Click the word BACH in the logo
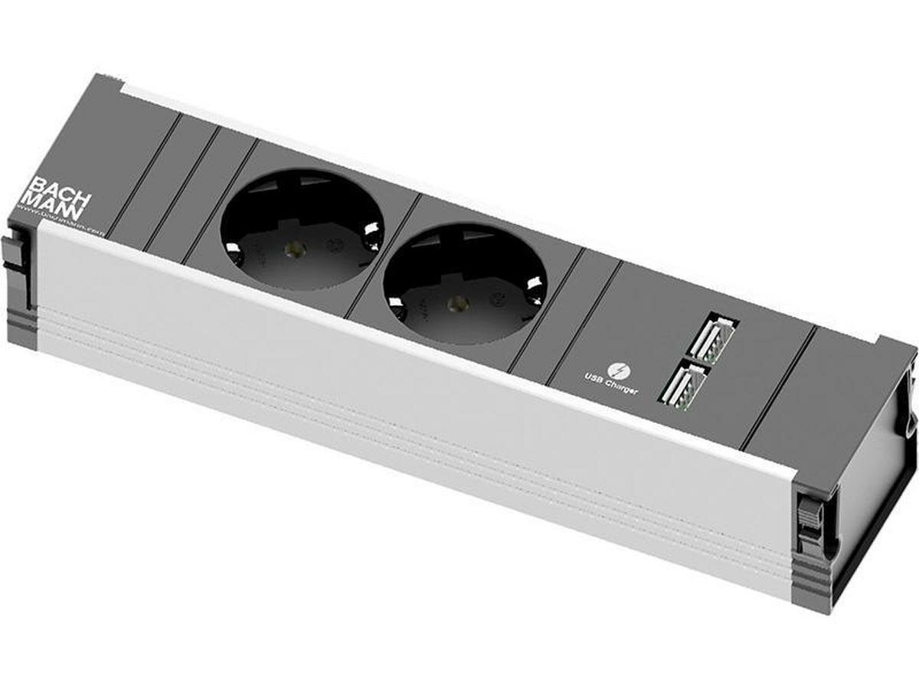tap(61, 190)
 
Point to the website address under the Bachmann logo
tap(61, 220)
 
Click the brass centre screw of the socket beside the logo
tap(292, 248)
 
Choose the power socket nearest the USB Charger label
tap(465, 284)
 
